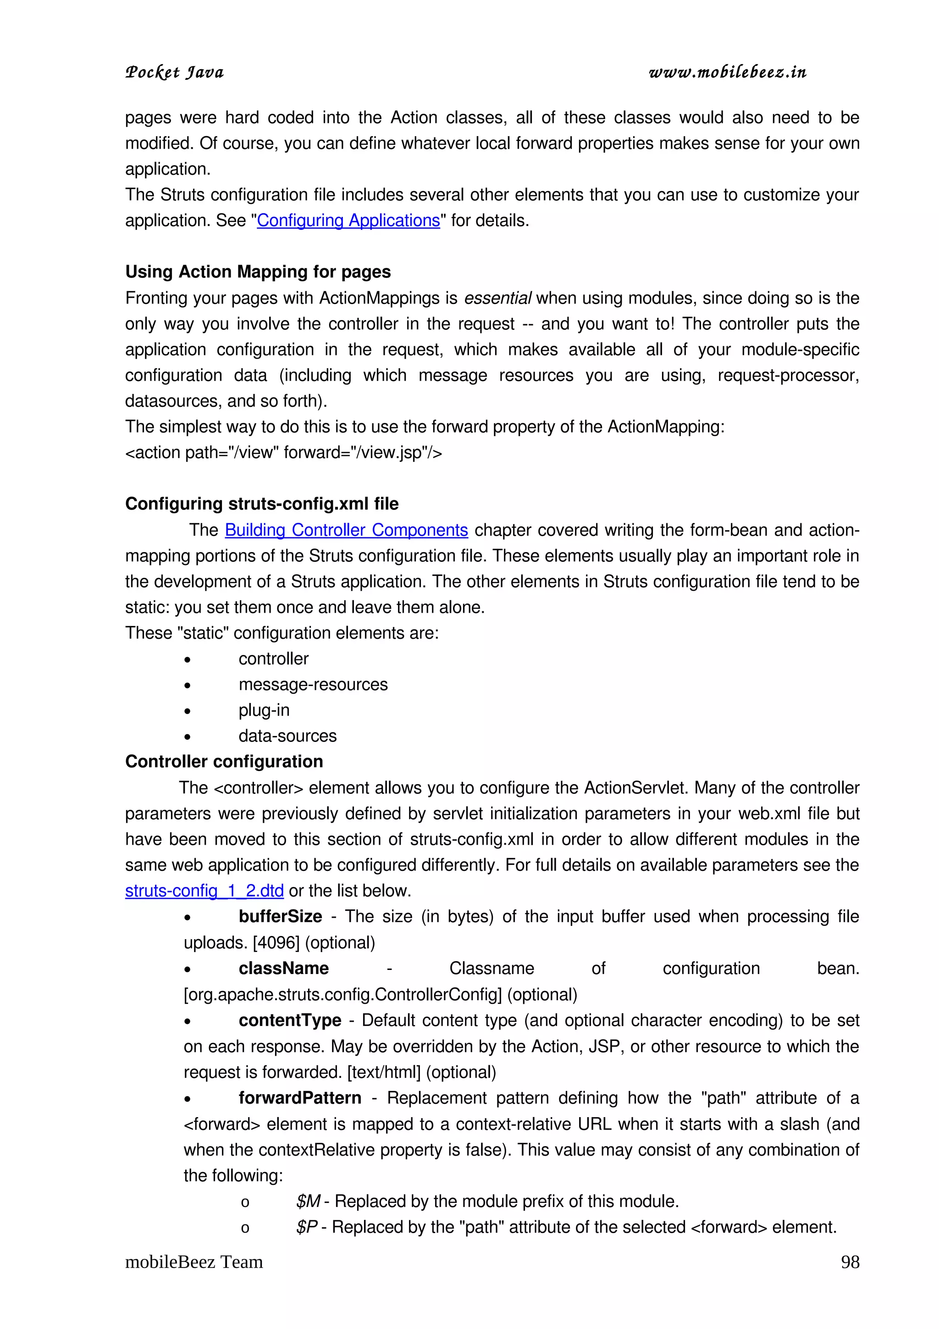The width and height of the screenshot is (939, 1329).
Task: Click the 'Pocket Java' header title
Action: (x=174, y=72)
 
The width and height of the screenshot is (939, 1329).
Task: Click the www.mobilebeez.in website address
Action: (x=727, y=72)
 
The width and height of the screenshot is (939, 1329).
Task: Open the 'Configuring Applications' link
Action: (x=348, y=221)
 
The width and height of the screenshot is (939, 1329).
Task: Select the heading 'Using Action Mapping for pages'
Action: (x=258, y=271)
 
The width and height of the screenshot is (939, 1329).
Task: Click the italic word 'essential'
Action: (x=497, y=298)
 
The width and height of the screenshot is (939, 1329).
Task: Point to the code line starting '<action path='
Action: (x=283, y=453)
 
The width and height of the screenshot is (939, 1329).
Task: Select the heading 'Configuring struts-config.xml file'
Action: (x=261, y=504)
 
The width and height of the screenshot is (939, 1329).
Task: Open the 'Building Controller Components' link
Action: (x=346, y=530)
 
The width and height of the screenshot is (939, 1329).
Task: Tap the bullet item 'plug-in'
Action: (x=264, y=710)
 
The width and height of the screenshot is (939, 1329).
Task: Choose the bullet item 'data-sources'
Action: (x=287, y=736)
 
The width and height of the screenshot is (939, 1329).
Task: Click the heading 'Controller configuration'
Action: (x=224, y=762)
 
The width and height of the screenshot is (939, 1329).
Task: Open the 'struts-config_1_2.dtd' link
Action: (x=204, y=891)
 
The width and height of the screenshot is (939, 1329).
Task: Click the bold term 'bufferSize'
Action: (x=280, y=917)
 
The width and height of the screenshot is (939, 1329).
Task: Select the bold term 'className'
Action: (x=283, y=969)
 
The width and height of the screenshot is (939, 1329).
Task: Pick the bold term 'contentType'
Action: (x=290, y=1020)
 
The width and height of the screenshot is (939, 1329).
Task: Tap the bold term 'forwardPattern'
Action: (x=300, y=1098)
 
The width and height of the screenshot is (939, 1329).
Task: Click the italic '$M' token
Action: (x=308, y=1202)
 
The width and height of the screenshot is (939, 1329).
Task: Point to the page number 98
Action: (x=849, y=1263)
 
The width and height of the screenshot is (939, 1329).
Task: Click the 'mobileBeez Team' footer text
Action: (x=194, y=1263)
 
